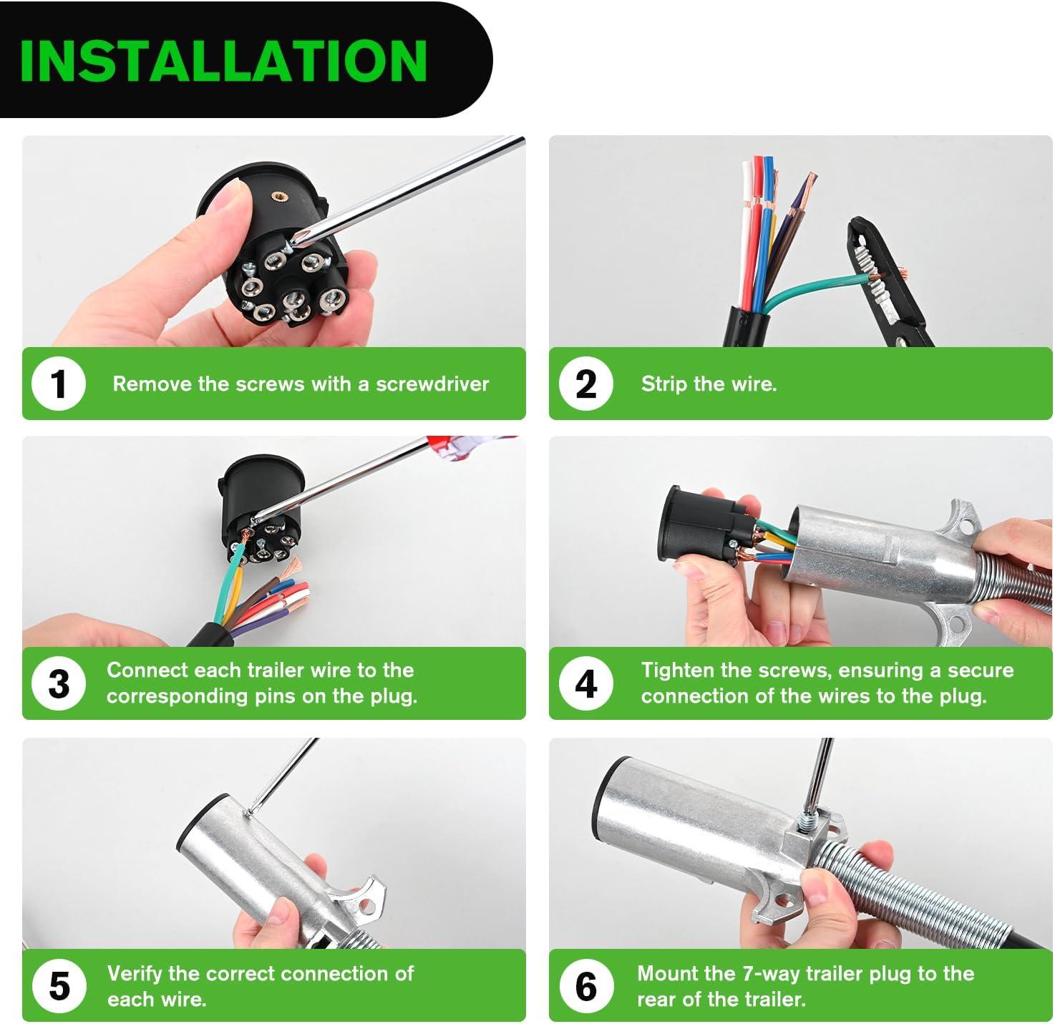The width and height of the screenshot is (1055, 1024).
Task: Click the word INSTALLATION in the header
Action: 223,61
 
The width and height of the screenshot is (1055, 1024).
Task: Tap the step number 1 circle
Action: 59,384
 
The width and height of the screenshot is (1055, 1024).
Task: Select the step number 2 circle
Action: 586,384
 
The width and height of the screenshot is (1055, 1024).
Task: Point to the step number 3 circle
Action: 59,683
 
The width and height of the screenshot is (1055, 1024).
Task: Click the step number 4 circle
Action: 586,683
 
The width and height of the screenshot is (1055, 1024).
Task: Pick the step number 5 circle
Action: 59,985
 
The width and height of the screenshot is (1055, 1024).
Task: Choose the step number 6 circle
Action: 586,985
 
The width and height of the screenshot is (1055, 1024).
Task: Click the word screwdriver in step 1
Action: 432,384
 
